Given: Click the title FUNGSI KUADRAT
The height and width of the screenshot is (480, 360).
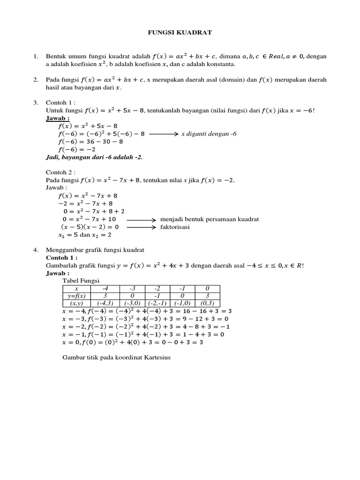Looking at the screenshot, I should [x=180, y=32].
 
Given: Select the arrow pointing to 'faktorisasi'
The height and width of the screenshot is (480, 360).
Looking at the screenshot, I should [x=141, y=227].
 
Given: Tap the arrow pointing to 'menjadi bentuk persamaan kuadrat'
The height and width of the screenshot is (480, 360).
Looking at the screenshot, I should [x=141, y=219].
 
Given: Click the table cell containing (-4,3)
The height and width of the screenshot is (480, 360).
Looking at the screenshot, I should [x=106, y=304].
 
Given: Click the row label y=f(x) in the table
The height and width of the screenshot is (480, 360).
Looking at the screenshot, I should [x=75, y=296].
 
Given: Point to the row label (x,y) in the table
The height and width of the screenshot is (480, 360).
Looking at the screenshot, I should [x=75, y=304].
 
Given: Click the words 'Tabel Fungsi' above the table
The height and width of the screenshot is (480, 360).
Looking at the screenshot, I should [x=78, y=281].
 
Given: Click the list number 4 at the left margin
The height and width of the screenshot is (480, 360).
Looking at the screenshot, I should [x=36, y=250].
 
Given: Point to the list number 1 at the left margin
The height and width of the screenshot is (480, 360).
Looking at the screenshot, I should [x=36, y=57].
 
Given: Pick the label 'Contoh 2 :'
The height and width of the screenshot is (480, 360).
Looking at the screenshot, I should [x=61, y=172].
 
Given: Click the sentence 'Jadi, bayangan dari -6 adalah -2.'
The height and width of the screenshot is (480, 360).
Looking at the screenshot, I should [x=94, y=157].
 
